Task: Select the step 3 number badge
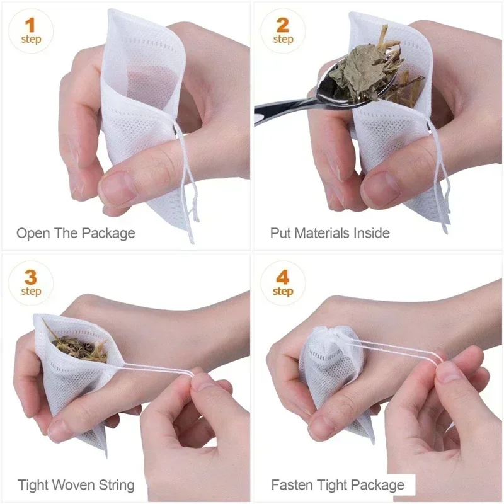30,283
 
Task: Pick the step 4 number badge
283,283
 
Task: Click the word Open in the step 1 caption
33,234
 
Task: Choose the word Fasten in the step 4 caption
292,485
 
